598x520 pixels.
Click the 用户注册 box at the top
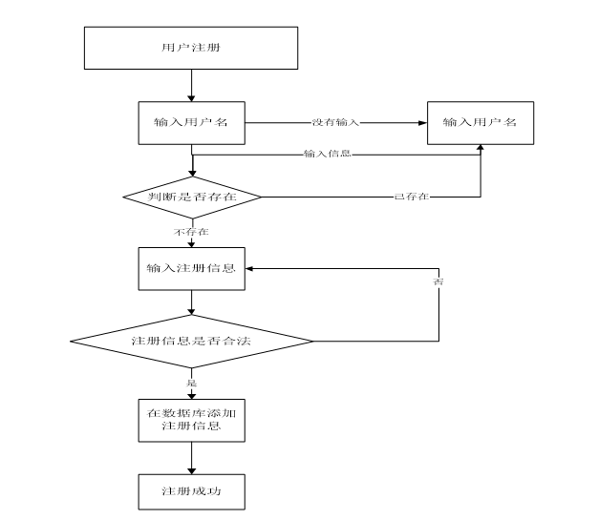(x=191, y=48)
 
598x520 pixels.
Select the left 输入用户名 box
(x=191, y=123)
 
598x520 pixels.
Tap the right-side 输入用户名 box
(x=481, y=123)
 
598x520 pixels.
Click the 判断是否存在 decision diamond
(x=192, y=198)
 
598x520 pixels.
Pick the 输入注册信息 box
(x=191, y=269)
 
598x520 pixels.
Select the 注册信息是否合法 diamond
(x=191, y=342)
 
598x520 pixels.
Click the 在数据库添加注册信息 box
(x=191, y=421)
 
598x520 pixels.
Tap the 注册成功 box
(x=191, y=491)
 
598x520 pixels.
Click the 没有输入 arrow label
(x=335, y=123)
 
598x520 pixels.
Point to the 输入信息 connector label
(x=328, y=154)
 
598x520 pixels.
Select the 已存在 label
(x=412, y=197)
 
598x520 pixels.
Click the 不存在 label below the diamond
(x=191, y=232)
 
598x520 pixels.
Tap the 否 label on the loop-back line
(x=438, y=281)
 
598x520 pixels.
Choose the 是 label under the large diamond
(x=191, y=383)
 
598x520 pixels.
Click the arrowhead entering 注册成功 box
(x=191, y=470)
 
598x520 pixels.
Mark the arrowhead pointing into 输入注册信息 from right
(x=249, y=268)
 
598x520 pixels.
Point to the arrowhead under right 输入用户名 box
(x=481, y=148)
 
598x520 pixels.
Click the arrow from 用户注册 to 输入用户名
(x=191, y=85)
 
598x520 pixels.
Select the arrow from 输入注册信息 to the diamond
(x=191, y=302)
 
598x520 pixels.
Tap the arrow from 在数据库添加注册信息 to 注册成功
(x=191, y=458)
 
